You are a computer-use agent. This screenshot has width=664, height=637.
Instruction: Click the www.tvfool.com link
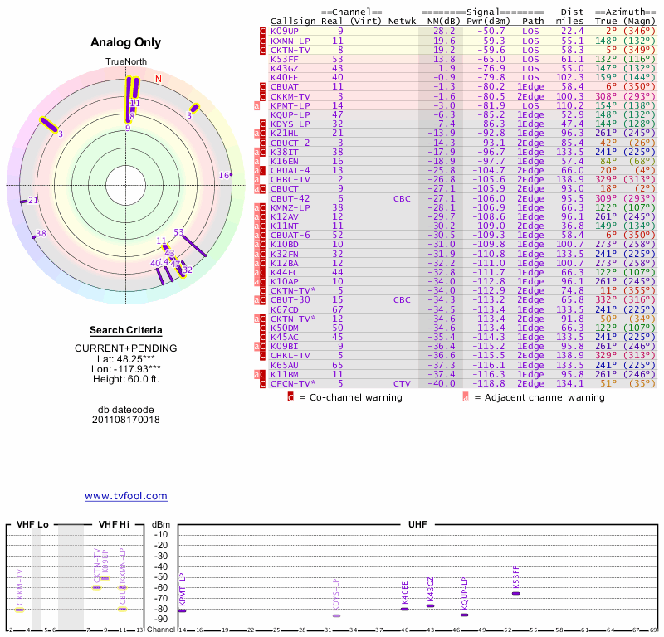[x=125, y=496]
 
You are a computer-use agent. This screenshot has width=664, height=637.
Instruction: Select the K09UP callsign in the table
[x=284, y=31]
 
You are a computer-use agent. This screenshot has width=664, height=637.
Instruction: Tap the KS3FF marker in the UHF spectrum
[x=516, y=593]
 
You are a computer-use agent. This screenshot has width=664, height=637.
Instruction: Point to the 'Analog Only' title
[x=125, y=42]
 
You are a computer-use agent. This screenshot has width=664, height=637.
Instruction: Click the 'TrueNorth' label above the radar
[x=125, y=62]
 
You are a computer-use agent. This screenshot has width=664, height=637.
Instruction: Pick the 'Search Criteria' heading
[x=125, y=330]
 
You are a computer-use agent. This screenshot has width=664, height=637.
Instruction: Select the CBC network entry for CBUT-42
[x=402, y=199]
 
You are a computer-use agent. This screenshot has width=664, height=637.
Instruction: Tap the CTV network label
[x=402, y=383]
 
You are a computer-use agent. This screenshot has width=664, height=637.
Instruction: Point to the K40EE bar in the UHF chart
[x=404, y=609]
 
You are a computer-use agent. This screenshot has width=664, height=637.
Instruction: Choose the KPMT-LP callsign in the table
[x=290, y=105]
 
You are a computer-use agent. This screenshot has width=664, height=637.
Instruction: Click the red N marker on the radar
[x=158, y=79]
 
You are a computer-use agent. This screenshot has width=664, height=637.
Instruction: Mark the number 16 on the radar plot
[x=223, y=175]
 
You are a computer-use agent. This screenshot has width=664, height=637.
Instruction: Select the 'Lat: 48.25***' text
[x=125, y=359]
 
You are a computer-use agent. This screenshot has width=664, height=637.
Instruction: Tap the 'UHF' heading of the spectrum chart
[x=417, y=525]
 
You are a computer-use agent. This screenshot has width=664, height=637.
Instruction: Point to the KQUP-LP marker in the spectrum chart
[x=464, y=615]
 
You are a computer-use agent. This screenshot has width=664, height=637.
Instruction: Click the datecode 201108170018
[x=125, y=420]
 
